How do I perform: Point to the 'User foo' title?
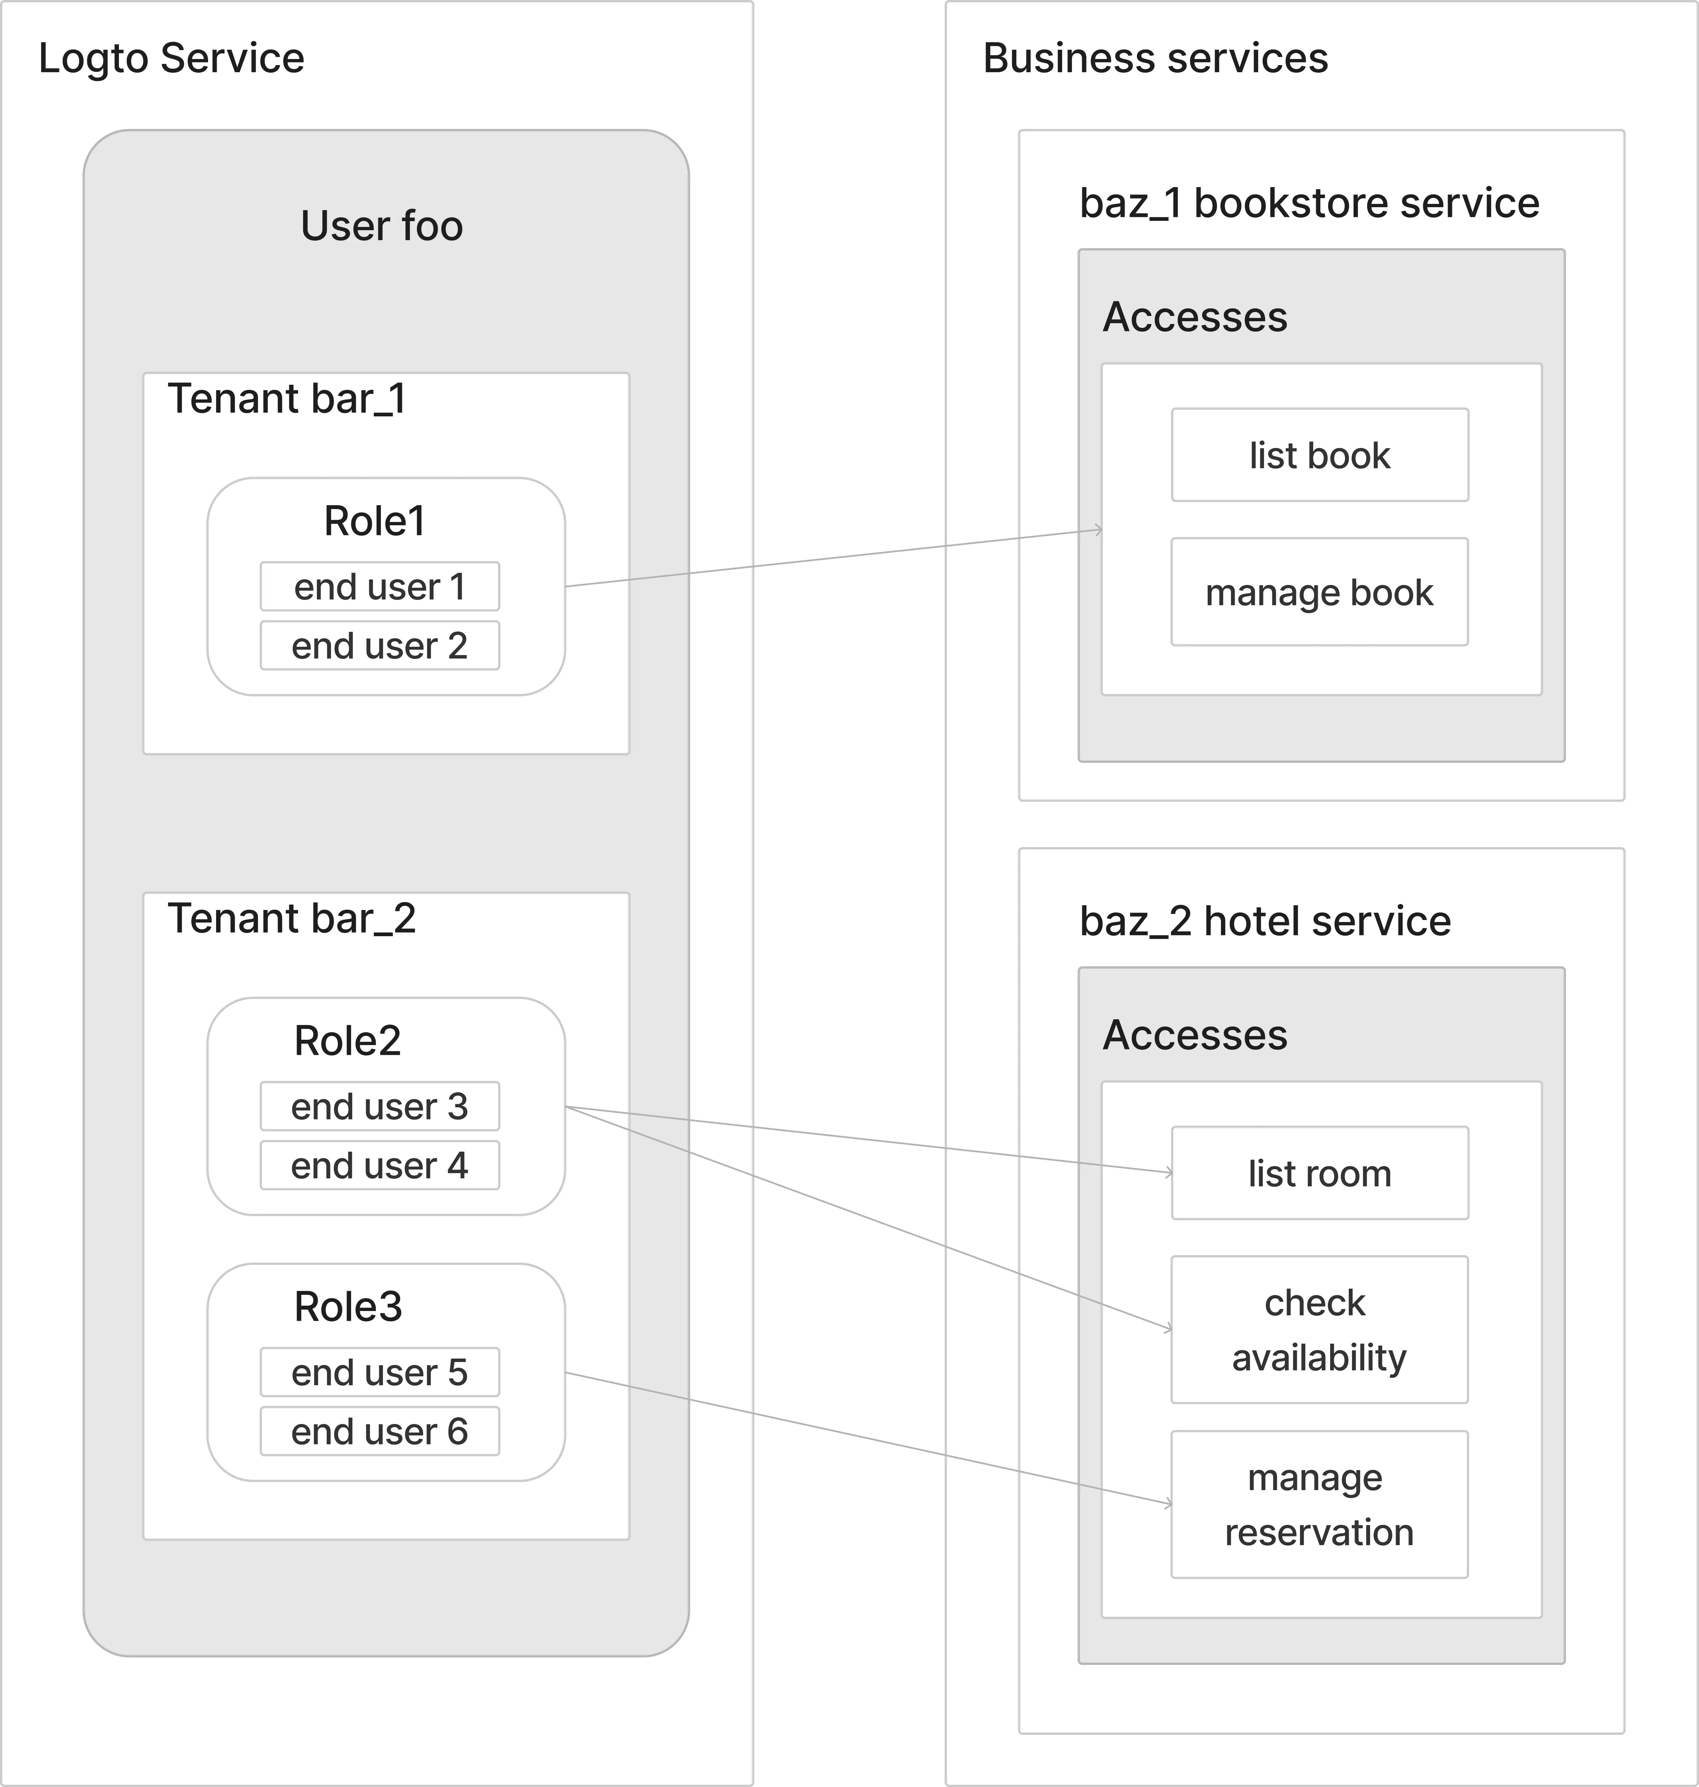[381, 226]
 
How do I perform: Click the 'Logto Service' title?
[171, 58]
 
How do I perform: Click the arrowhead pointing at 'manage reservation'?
[1168, 1504]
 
